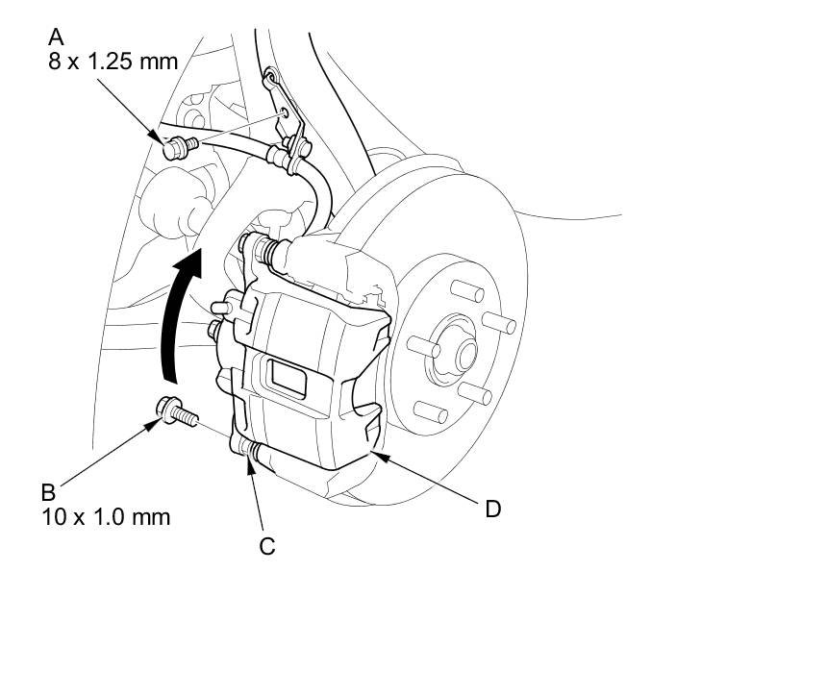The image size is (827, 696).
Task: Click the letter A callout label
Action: [x=56, y=37]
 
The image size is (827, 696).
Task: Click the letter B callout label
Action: [x=47, y=492]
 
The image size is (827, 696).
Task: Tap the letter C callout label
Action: [x=267, y=546]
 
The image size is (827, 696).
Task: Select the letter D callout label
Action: [x=492, y=509]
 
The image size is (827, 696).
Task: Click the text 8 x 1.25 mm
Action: [x=113, y=62]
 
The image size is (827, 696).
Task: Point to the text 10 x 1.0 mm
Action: [x=106, y=517]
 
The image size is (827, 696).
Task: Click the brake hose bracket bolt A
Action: [x=178, y=148]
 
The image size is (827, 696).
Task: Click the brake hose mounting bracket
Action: [x=288, y=111]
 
